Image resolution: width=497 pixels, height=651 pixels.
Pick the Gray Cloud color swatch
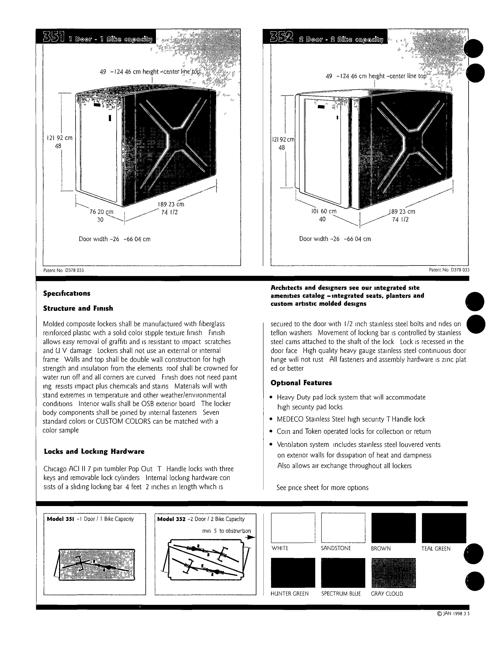pos(393,573)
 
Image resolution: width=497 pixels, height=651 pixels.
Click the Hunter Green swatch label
pos(289,593)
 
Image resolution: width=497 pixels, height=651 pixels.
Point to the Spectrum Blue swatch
pos(343,573)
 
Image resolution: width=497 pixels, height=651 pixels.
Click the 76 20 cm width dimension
pos(101,212)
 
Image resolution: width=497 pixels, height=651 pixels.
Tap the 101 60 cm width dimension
pos(324,211)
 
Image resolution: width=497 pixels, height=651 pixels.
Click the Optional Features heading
pos(301,383)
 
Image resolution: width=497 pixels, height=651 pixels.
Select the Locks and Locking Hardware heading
pos(94,451)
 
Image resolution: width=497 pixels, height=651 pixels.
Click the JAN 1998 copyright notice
pos(453,614)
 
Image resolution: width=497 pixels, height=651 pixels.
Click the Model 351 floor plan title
pos(90,519)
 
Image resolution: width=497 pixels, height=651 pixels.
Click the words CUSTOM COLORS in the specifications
pos(123,421)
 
